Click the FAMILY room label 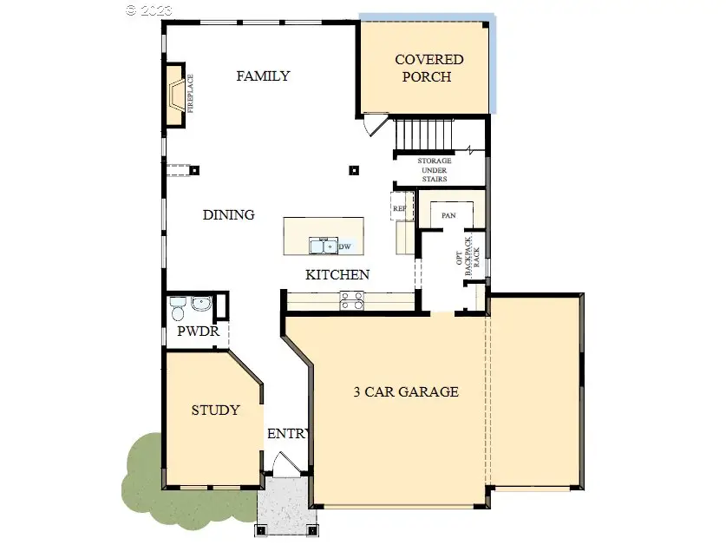(263, 76)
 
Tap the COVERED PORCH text (428, 68)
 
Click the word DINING (228, 215)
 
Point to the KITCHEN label (337, 275)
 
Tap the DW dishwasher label (344, 247)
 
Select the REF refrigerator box (400, 208)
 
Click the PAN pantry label (449, 215)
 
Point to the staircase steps (424, 135)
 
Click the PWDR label (194, 332)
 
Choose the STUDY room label (215, 410)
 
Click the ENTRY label (287, 434)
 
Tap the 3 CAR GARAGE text (406, 391)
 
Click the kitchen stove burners (352, 300)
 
